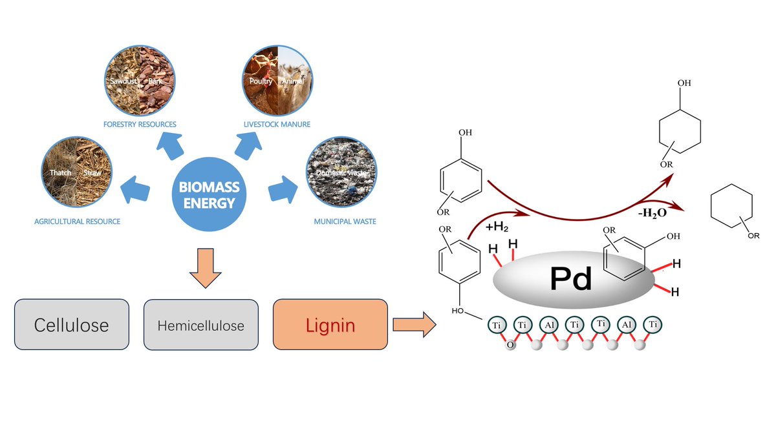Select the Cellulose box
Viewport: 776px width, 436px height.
pos(72,324)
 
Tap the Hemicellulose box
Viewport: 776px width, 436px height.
pos(200,324)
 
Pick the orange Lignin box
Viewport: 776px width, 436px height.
pos(330,324)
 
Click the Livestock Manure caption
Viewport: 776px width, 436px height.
pos(277,123)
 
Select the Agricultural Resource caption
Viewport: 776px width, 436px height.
pos(77,222)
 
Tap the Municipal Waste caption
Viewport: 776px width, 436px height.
pos(345,222)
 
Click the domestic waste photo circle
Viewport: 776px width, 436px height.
pos(342,172)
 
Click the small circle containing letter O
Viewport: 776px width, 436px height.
pos(510,345)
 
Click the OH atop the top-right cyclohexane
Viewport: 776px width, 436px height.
pos(684,83)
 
